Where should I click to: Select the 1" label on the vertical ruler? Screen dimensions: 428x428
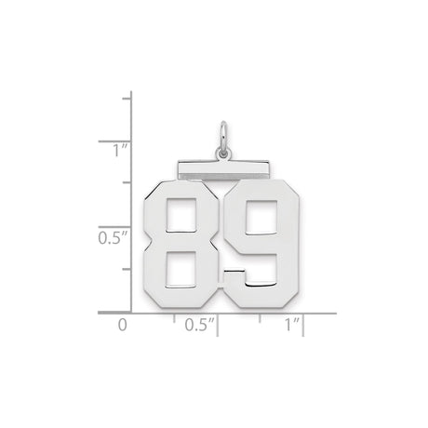pos(109,149)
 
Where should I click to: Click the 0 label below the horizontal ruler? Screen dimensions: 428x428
pos(121,327)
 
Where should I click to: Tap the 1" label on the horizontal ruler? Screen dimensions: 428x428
pos(291,327)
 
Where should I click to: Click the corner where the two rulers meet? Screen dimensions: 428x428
pos(131,313)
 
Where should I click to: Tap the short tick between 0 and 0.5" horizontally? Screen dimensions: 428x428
pos(174,317)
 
